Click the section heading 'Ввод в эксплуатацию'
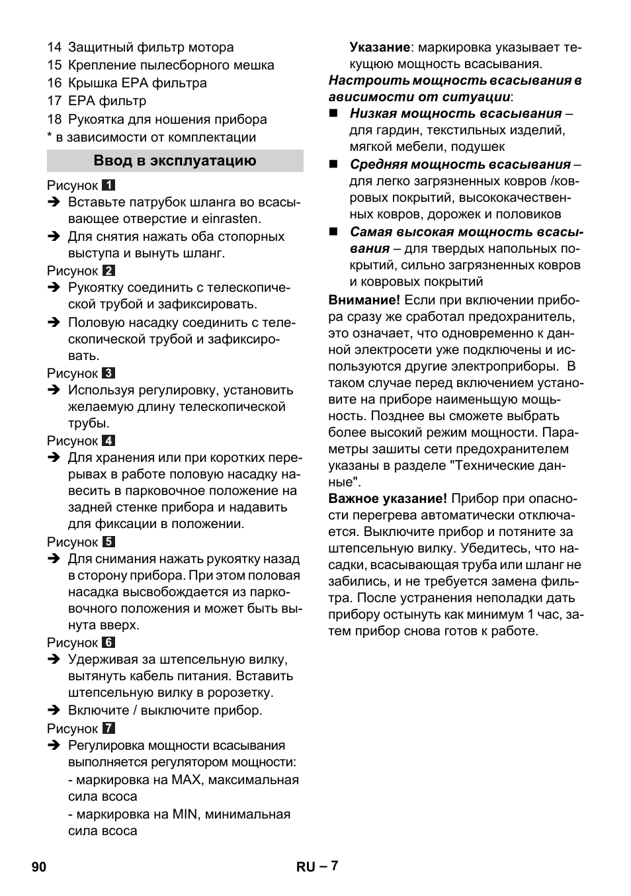[x=175, y=161]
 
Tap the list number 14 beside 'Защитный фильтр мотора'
[x=54, y=48]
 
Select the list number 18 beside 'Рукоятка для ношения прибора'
[x=54, y=120]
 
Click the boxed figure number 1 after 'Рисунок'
[x=108, y=186]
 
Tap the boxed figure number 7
[x=108, y=729]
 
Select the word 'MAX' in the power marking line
[x=186, y=780]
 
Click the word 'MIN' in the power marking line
[x=185, y=815]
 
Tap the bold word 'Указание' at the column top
[x=380, y=48]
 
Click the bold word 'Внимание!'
[x=364, y=300]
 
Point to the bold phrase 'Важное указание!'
[x=388, y=499]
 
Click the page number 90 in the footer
[x=39, y=867]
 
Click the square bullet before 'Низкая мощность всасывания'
[x=334, y=114]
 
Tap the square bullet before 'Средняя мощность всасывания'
[x=334, y=165]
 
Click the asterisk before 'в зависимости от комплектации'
[x=49, y=136]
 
